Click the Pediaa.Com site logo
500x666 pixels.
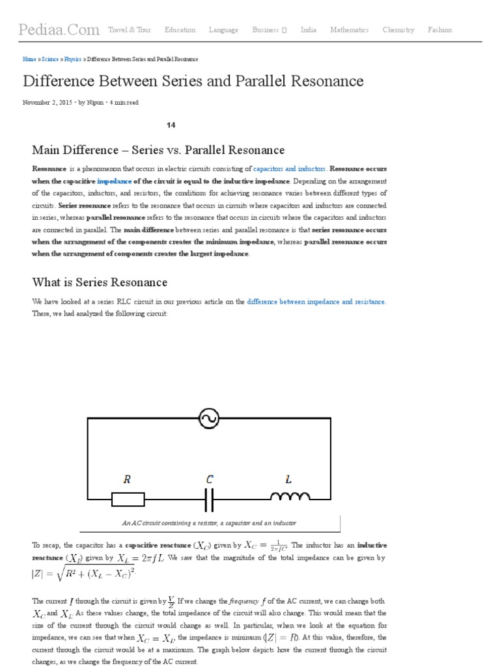coord(59,30)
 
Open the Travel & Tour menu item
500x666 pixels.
coord(129,30)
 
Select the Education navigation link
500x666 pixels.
coord(180,30)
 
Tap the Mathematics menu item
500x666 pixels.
coord(349,30)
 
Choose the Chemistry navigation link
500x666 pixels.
coord(398,30)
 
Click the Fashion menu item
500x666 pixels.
coord(439,30)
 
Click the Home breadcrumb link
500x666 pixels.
coord(29,59)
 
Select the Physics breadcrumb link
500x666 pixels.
coord(73,59)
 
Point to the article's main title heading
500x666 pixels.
coord(193,81)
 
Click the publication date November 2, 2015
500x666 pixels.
coord(48,103)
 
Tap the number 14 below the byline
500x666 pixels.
coord(171,125)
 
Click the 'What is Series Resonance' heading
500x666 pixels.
coord(100,282)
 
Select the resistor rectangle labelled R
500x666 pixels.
coord(128,499)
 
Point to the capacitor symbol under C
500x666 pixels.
coord(209,499)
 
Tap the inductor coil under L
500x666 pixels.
coord(290,497)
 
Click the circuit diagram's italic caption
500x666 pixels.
coord(209,523)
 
